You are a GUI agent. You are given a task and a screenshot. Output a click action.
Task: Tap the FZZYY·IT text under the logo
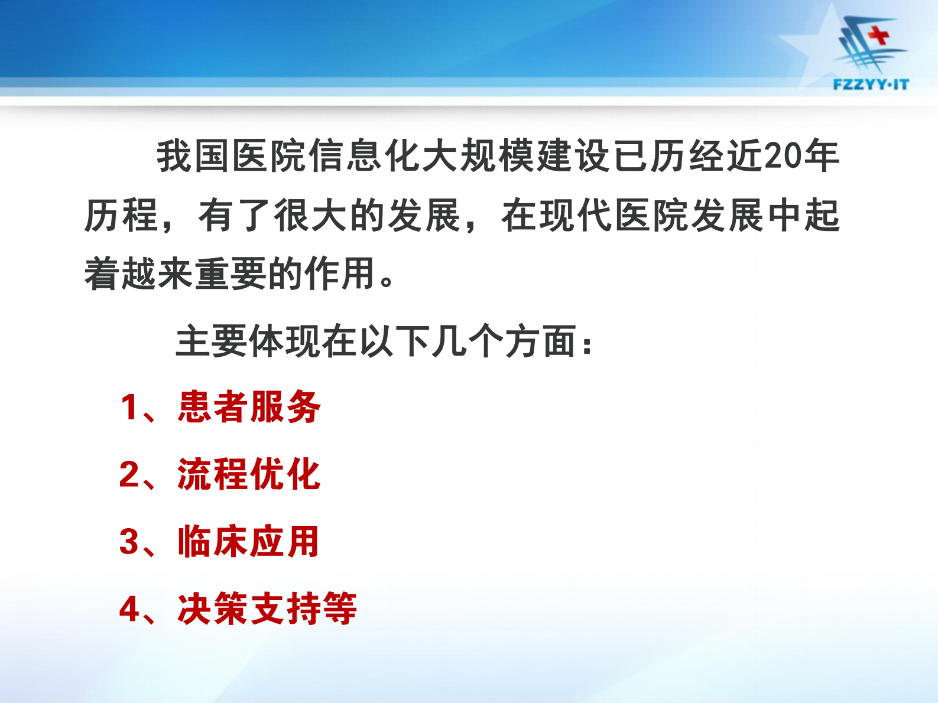pos(871,84)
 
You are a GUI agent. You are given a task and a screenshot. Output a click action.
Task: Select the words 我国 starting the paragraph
pos(193,156)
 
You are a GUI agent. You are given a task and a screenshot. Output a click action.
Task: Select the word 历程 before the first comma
pos(121,215)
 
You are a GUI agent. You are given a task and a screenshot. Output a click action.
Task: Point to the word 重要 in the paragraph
pos(231,274)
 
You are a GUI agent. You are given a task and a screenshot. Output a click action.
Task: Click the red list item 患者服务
pos(249,407)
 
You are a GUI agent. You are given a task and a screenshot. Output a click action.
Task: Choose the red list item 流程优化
pos(249,474)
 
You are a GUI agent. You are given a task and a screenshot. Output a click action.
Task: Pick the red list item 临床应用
pos(249,542)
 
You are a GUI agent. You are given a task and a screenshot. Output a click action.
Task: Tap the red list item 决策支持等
pos(267,609)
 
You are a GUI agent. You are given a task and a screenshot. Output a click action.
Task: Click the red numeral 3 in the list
pos(128,542)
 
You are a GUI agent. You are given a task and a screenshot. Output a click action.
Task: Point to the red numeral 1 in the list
pos(128,408)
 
